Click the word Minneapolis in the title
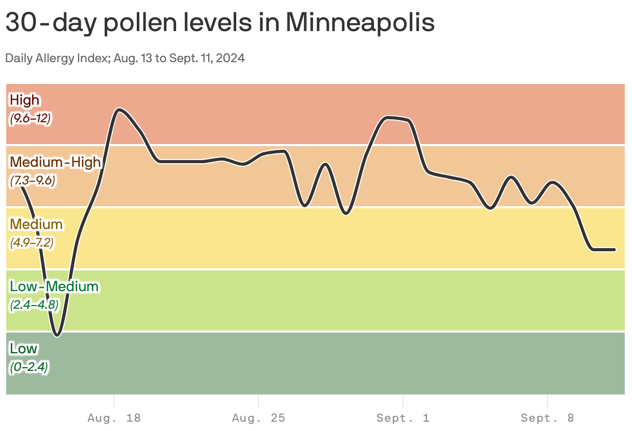tap(360, 23)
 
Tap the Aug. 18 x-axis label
tap(114, 418)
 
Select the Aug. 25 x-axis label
tap(258, 418)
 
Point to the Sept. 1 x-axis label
tap(403, 418)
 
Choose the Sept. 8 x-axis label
tap(548, 418)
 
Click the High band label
tap(25, 99)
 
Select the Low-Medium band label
tap(54, 286)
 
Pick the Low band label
tap(24, 349)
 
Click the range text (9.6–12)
tap(30, 118)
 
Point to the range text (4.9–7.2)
tap(32, 242)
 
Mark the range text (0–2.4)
tap(29, 367)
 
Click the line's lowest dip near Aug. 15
tap(58, 335)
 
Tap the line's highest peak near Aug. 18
tap(119, 109)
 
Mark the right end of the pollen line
tap(614, 250)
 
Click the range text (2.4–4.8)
tap(34, 305)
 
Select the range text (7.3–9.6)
tap(33, 181)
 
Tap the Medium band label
tap(36, 224)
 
